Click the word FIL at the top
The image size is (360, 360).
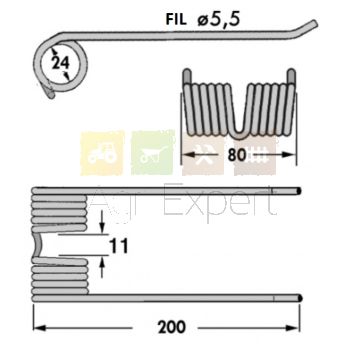click(x=176, y=20)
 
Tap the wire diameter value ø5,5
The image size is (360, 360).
click(x=219, y=20)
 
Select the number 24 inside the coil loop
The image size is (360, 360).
click(x=60, y=63)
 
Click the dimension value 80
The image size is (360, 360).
click(x=237, y=155)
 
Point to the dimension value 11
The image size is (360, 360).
click(x=119, y=247)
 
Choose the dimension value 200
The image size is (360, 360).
click(x=172, y=328)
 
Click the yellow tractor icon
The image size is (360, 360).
click(x=102, y=153)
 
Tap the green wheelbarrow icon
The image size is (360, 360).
click(x=153, y=153)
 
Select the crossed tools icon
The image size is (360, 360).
click(x=203, y=154)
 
